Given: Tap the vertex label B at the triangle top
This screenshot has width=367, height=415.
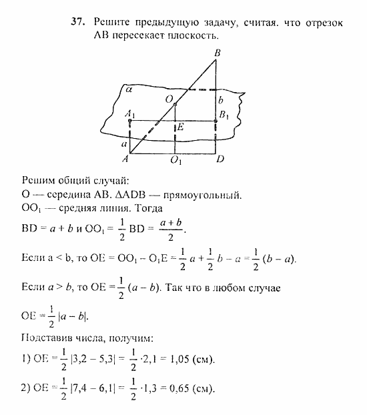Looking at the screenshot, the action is click(x=217, y=52).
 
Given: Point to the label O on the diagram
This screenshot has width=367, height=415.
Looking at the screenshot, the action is click(x=169, y=99).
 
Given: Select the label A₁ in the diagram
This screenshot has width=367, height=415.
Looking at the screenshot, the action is click(x=129, y=113).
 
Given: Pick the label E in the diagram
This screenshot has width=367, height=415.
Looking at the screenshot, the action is click(x=181, y=126).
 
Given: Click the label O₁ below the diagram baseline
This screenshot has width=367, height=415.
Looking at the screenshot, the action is click(x=175, y=161).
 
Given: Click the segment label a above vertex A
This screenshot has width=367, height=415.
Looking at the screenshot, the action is click(x=123, y=143).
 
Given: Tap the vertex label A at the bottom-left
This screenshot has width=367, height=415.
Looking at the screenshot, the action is click(x=125, y=160).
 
